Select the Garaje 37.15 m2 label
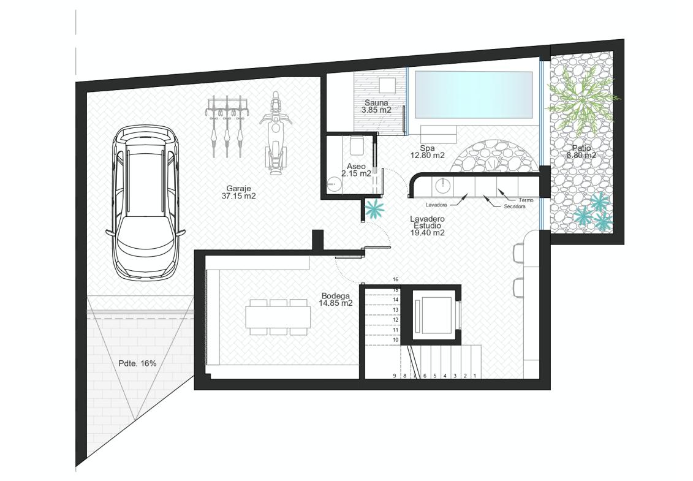[x=239, y=192]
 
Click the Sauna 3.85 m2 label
[x=376, y=107]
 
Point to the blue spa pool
[x=474, y=94]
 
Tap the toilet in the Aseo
[x=356, y=145]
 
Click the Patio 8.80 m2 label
[x=581, y=151]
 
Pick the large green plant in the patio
[x=583, y=101]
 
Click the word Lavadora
[x=436, y=205]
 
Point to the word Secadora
[x=515, y=206]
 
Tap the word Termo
[x=526, y=200]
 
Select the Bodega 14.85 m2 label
[x=335, y=299]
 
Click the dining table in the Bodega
[x=278, y=317]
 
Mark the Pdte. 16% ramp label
[x=137, y=363]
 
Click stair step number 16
[x=396, y=279]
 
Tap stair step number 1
[x=475, y=376]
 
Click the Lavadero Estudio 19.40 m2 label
[x=427, y=225]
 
